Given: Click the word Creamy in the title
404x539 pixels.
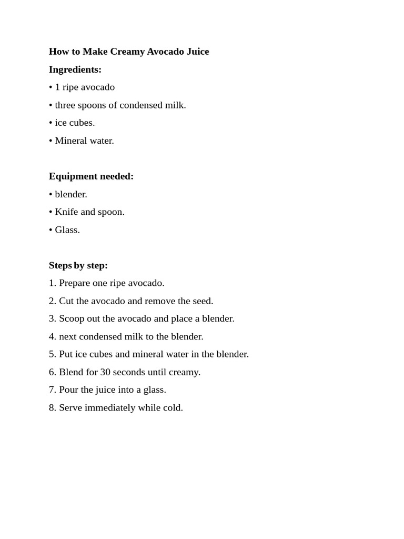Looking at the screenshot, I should pos(127,52).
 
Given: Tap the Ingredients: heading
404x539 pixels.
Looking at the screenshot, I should pos(75,69).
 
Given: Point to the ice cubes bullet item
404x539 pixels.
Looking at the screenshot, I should pos(74,123).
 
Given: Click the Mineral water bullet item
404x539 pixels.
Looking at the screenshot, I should pos(84,141).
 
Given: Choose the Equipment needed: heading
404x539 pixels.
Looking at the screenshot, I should pos(91,176).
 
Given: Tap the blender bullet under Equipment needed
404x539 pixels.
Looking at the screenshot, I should pos(70,194).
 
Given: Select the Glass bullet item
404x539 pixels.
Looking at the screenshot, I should pos(67,230).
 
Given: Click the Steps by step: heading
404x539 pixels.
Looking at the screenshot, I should pos(78,265).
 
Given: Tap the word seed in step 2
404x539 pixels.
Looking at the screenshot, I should pos(203,301).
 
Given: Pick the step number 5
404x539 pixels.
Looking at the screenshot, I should pos(52,354).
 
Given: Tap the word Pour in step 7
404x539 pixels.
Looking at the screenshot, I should pos(68,390).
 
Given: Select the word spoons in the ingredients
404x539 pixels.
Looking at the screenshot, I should pos(92,105).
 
